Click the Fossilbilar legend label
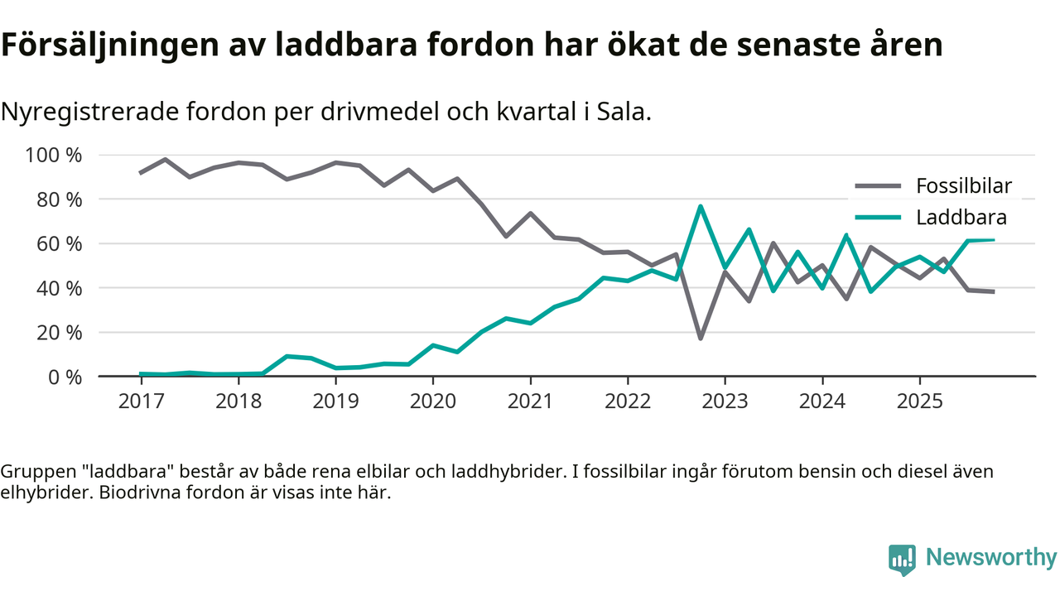tap(963, 185)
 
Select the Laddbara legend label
tap(961, 218)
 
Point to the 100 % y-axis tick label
tap(54, 156)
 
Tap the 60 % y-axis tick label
tap(59, 244)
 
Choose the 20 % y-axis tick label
tap(59, 333)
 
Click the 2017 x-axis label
tap(141, 401)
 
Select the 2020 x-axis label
tap(433, 401)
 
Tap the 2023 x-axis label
tap(725, 401)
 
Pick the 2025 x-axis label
tap(919, 401)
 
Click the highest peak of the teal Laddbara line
tap(701, 206)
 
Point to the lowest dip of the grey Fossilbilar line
tap(701, 338)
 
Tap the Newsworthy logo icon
tap(902, 560)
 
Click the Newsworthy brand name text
tap(990, 558)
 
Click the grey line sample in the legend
tap(877, 185)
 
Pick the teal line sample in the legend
tap(877, 218)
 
